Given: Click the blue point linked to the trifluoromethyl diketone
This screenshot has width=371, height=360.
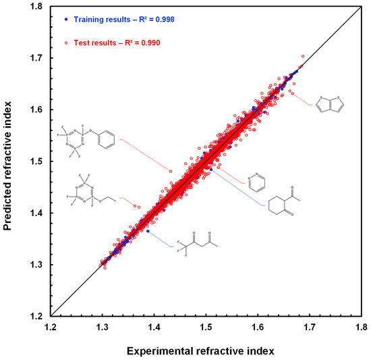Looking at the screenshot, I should (x=148, y=231).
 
